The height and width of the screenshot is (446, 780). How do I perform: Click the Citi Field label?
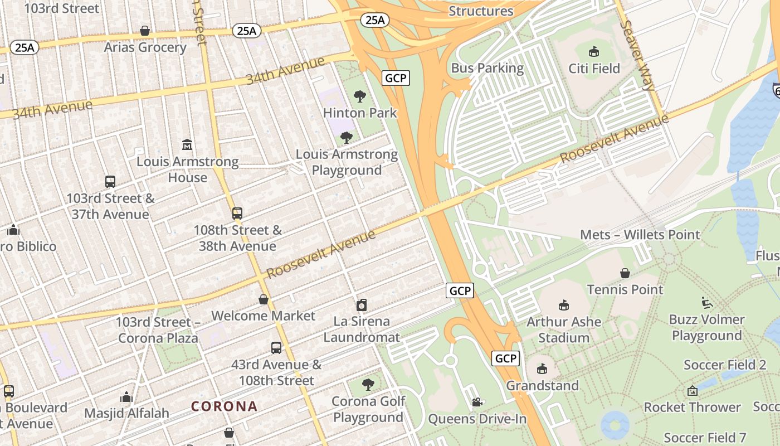[x=594, y=68]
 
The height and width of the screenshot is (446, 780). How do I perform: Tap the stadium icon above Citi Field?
[x=594, y=52]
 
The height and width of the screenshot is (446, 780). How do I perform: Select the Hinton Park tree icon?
[x=360, y=96]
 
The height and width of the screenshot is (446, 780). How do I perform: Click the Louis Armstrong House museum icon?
[x=187, y=145]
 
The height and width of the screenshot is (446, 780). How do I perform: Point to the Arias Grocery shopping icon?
[x=145, y=30]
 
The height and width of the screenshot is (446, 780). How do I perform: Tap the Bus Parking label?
[x=487, y=68]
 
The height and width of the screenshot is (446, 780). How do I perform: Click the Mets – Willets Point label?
[x=640, y=234]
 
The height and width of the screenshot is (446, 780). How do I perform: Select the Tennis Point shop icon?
[x=625, y=273]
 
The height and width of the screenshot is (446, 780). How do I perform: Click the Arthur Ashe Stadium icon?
[x=564, y=305]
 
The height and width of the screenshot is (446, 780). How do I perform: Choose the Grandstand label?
[x=542, y=385]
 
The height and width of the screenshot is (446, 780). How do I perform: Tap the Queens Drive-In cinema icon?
[x=477, y=402]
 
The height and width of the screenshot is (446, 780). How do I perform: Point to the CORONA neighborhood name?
[x=225, y=406]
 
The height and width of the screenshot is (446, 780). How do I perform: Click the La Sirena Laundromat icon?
[x=362, y=305]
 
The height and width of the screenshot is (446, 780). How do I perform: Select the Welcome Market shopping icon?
[x=264, y=299]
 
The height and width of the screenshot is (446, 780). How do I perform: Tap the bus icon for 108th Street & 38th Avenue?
[x=237, y=213]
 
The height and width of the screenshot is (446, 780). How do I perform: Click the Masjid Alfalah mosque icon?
[x=126, y=396]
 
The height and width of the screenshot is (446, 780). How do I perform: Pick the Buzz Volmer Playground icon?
[x=707, y=303]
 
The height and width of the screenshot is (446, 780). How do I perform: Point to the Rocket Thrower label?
[x=692, y=407]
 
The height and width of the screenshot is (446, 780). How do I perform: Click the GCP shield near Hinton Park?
[x=396, y=77]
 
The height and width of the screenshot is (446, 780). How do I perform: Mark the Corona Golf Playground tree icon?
[x=368, y=384]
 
